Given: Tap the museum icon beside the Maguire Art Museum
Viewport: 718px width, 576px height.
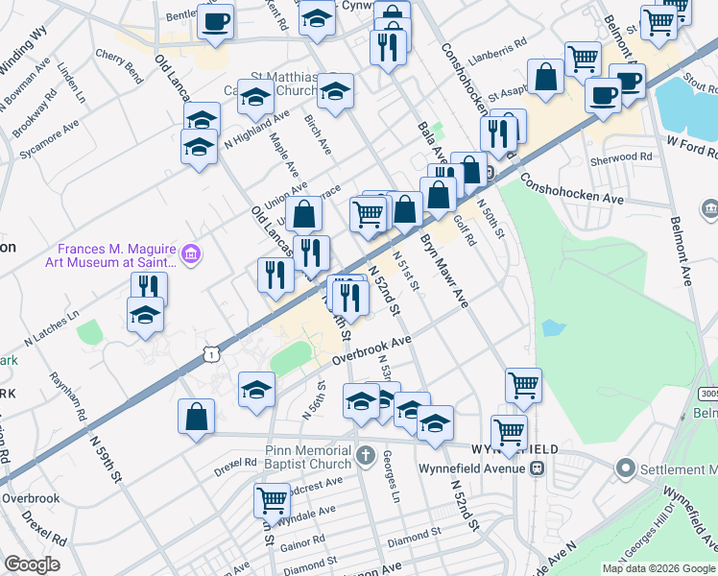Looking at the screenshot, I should click(x=192, y=253).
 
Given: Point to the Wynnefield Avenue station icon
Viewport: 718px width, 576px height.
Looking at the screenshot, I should click(x=538, y=468).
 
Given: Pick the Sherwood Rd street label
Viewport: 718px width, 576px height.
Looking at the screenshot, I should click(x=622, y=156).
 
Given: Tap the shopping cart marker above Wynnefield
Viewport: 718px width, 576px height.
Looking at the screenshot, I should click(x=523, y=386).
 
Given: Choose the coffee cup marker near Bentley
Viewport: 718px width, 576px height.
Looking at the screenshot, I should click(x=216, y=21).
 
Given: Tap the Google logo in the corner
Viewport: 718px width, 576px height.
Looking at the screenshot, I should click(x=32, y=564).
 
